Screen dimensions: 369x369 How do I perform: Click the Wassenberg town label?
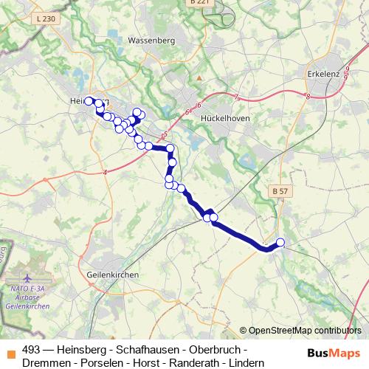pos(151,41)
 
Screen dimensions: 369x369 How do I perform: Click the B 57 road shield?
pos(280,192)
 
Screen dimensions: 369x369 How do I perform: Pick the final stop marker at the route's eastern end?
pos(280,242)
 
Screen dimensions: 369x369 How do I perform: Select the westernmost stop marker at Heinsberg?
pos(89,101)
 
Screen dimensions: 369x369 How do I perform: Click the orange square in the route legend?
pos(10,350)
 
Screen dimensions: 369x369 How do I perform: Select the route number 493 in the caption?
pos(32,349)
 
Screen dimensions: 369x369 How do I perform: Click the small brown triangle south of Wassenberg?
pos(199,76)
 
